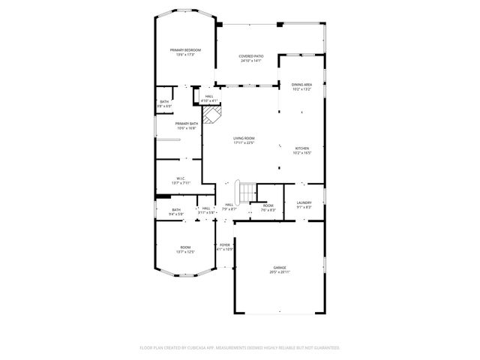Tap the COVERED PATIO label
(251, 56)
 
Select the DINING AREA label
(302, 85)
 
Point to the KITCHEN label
(302, 148)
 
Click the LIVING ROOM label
(244, 138)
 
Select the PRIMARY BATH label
(187, 123)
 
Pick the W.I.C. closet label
(181, 178)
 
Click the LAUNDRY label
(304, 202)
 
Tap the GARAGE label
(280, 267)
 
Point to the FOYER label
(224, 244)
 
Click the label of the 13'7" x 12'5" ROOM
(185, 247)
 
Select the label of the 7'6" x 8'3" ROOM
(268, 205)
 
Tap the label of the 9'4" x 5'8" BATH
(176, 209)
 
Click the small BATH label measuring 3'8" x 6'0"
(164, 101)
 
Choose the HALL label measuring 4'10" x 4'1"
(208, 96)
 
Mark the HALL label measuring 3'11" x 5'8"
(206, 208)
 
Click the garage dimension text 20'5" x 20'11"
(280, 271)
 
